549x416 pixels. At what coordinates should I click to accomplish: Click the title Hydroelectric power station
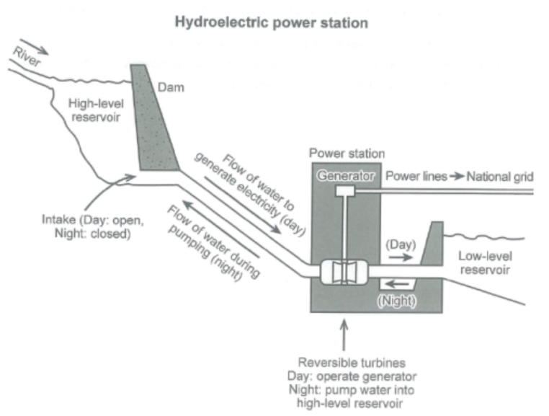coord(272,23)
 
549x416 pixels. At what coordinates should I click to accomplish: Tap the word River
coord(27,57)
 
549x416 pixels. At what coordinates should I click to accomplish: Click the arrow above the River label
coord(34,47)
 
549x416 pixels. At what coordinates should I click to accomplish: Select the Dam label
coord(171,87)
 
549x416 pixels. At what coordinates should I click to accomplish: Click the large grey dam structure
coord(153,119)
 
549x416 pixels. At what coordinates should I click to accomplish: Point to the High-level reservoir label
coord(96,110)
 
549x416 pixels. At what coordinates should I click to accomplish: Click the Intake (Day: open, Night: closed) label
coord(93,226)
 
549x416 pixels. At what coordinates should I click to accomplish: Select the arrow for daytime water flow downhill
coord(242,205)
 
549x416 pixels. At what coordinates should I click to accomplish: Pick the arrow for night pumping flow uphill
coord(220,229)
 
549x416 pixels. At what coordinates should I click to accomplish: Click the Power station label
coord(347,154)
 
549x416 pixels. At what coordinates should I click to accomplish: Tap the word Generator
coord(346,176)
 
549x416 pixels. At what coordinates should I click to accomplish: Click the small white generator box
coord(345,191)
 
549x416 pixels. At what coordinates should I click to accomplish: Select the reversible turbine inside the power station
coord(344,272)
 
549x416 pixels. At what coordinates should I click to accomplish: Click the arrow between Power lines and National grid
coord(457,176)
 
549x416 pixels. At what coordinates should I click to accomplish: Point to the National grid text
coord(500,177)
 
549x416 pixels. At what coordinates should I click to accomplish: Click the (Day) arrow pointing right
coord(401,257)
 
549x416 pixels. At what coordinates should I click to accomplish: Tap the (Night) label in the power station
coord(397,301)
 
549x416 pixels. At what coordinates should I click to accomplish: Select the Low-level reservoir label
coord(486,263)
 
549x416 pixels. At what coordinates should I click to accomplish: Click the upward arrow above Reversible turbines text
coord(344,335)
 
